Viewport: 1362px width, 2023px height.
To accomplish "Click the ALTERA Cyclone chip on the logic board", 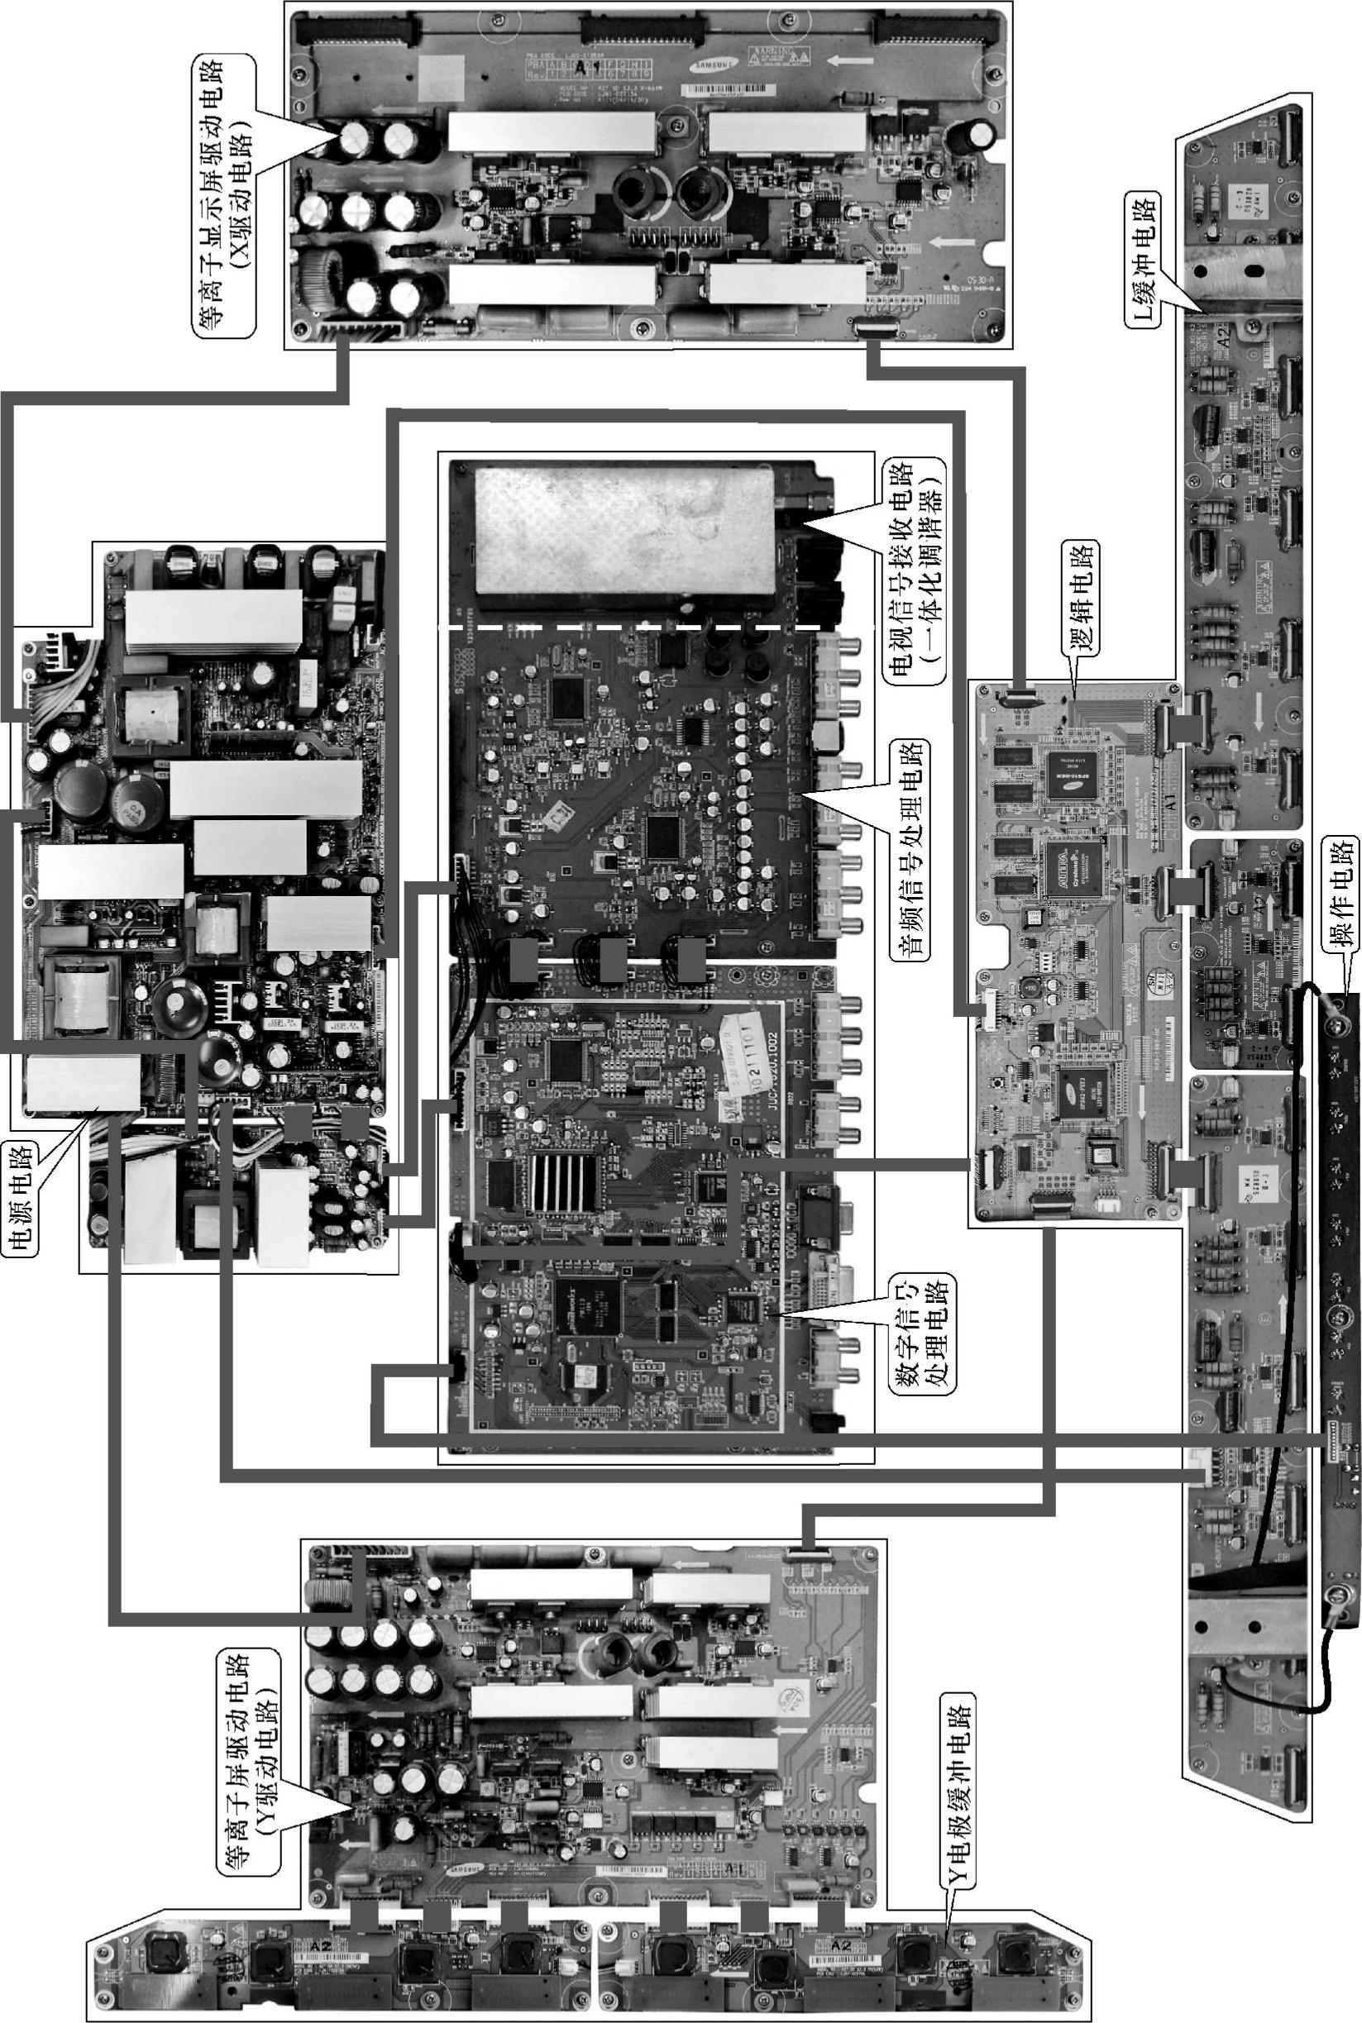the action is (x=1073, y=869).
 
